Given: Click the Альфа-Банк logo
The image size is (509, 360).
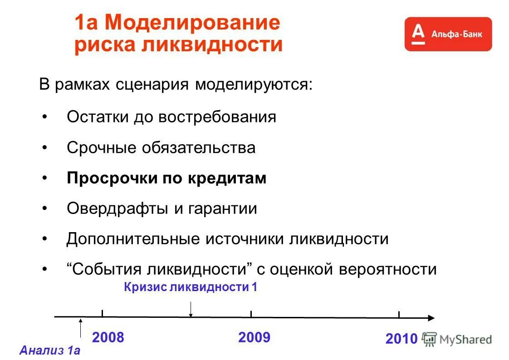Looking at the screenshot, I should (x=448, y=34).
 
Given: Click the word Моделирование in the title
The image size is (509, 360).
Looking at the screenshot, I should (x=193, y=23).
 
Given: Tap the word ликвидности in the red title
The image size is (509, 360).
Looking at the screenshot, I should (x=213, y=45).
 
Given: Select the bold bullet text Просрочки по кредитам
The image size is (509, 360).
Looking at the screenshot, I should (x=166, y=178).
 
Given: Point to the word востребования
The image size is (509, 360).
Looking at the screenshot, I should (x=217, y=117).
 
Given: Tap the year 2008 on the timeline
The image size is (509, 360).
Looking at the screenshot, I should (x=108, y=338).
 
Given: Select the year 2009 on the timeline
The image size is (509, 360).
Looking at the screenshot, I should (x=254, y=338).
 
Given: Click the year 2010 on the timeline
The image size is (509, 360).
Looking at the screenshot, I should (x=401, y=339).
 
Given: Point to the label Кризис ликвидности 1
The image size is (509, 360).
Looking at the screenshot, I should (x=191, y=287).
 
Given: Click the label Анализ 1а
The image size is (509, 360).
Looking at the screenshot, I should (x=50, y=350).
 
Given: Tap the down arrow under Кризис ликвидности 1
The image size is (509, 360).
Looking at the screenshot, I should (x=191, y=309).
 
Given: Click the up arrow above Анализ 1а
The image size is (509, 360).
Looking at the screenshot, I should (x=81, y=328).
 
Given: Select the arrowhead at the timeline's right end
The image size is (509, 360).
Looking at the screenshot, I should (x=431, y=318).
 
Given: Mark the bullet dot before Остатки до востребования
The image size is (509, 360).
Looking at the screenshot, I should (x=44, y=117).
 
